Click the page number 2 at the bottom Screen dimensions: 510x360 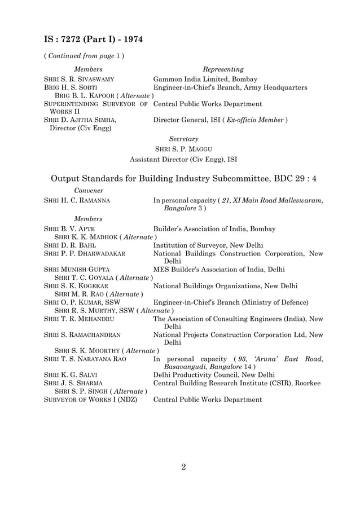(x=183, y=467)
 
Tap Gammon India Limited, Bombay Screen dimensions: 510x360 (x=205, y=80)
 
